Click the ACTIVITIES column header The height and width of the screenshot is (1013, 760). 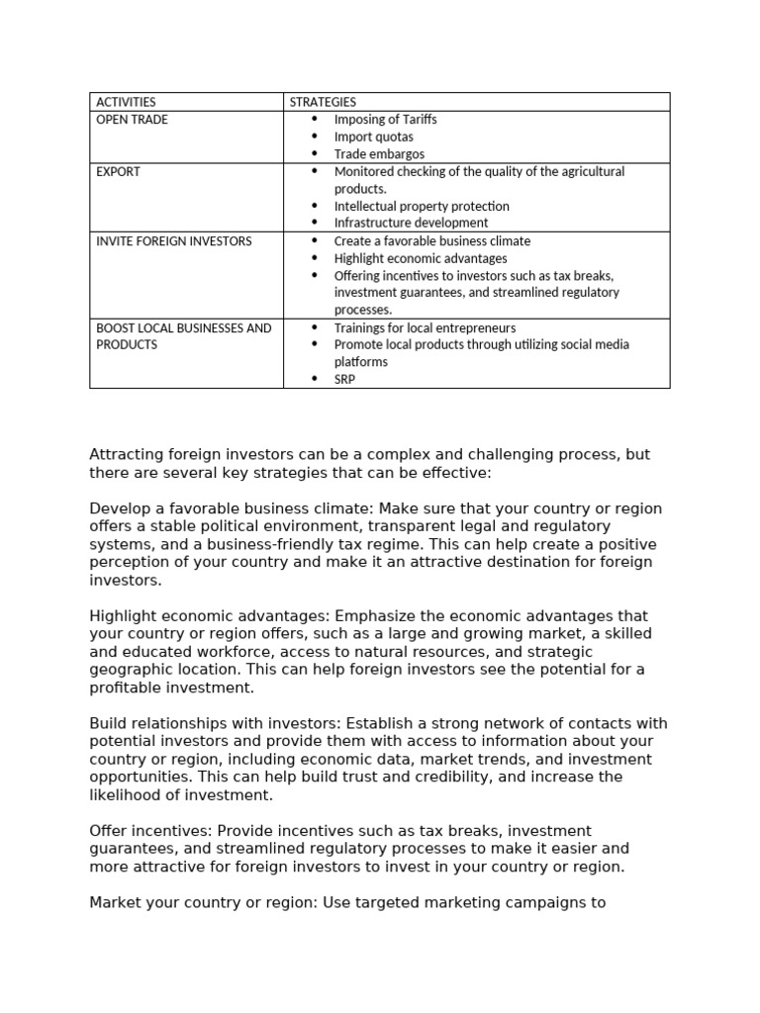126,102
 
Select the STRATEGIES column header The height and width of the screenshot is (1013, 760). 323,102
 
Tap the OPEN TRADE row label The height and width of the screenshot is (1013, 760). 132,120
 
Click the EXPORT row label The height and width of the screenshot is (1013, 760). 118,171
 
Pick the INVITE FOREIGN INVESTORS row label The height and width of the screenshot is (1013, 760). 173,241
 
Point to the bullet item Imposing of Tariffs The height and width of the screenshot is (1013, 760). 385,120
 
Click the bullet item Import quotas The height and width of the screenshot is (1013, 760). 373,137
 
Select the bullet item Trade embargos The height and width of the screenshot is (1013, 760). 379,154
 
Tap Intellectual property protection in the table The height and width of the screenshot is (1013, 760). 422,206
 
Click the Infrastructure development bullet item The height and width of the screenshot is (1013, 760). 411,224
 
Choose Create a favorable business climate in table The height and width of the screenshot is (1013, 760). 431,241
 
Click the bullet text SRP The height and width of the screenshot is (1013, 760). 344,380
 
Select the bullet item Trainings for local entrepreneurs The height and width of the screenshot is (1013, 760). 425,327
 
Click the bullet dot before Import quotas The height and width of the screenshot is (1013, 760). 315,137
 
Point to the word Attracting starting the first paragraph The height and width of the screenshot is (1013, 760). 127,455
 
